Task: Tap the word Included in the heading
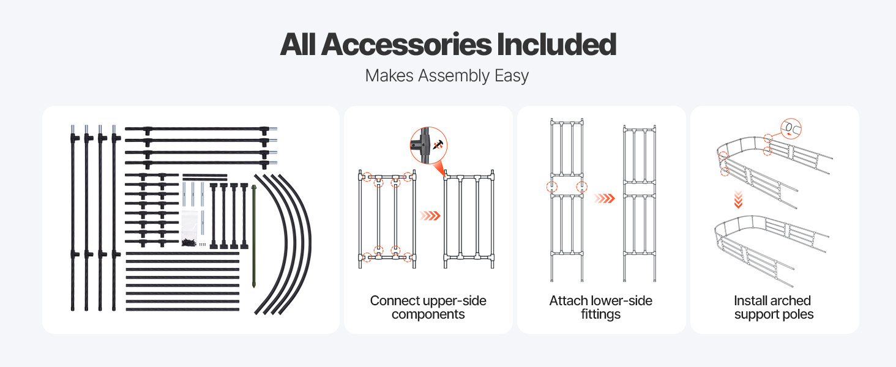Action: (x=556, y=45)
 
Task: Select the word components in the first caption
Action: (x=428, y=315)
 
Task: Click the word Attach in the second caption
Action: (x=569, y=301)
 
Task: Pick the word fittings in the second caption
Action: (x=601, y=315)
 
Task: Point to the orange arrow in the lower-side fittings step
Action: (x=603, y=198)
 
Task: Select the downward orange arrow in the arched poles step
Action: (x=739, y=198)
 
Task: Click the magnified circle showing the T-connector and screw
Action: (x=428, y=146)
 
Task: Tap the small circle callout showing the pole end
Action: (x=791, y=128)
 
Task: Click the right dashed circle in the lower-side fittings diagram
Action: (x=581, y=187)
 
